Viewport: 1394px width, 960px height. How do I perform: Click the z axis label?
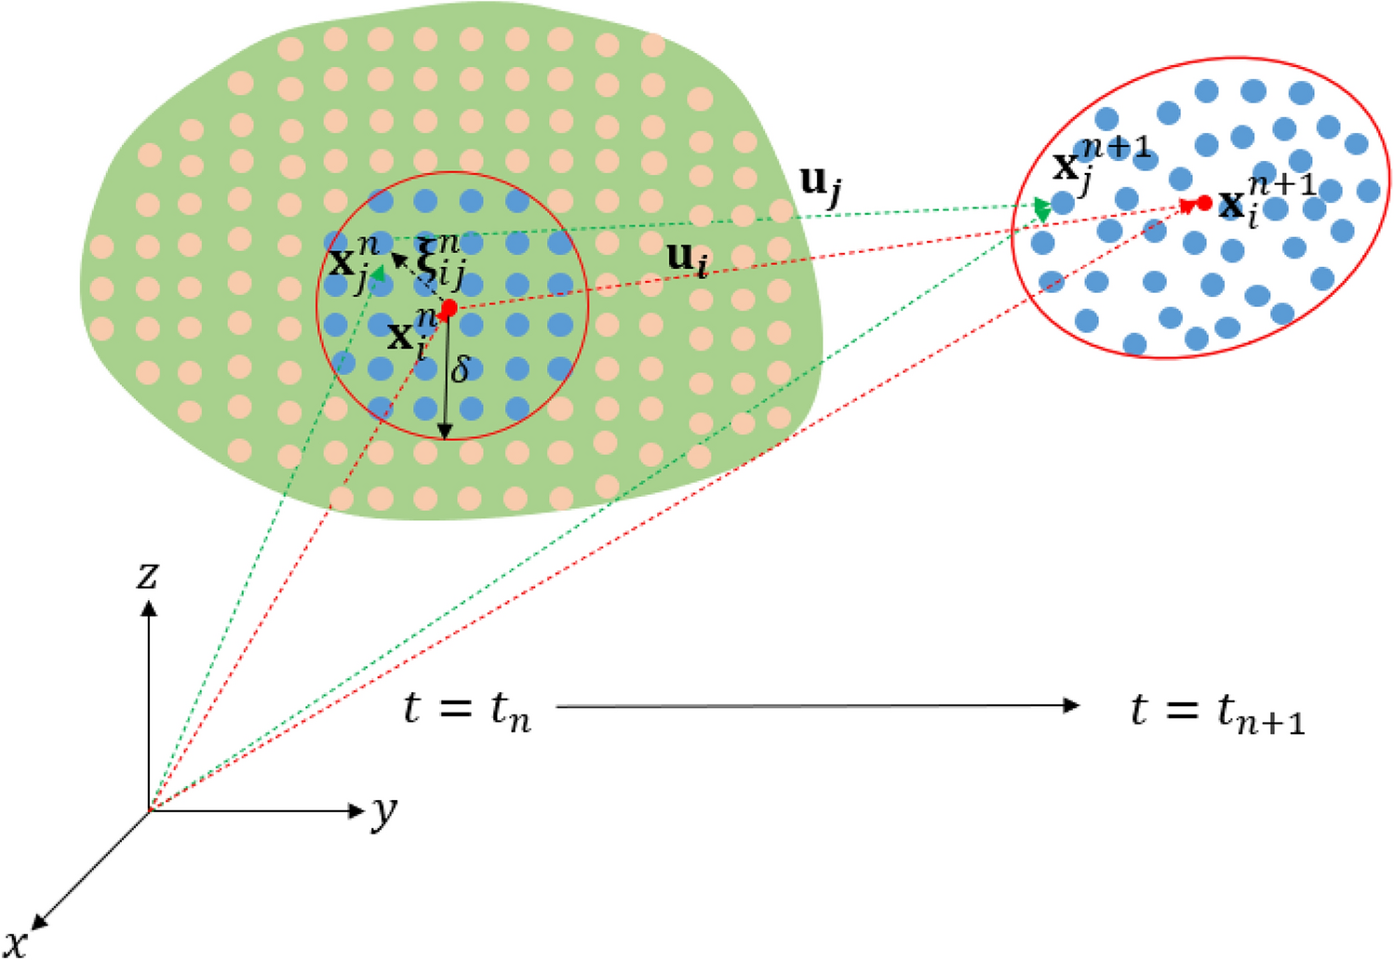click(x=147, y=575)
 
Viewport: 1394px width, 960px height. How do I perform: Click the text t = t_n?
click(x=467, y=711)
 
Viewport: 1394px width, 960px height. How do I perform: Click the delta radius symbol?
click(x=460, y=369)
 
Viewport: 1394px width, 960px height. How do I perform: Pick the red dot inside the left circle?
click(x=449, y=308)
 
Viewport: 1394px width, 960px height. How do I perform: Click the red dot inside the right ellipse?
click(x=1204, y=202)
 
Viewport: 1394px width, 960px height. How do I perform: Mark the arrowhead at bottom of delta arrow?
click(x=445, y=431)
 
